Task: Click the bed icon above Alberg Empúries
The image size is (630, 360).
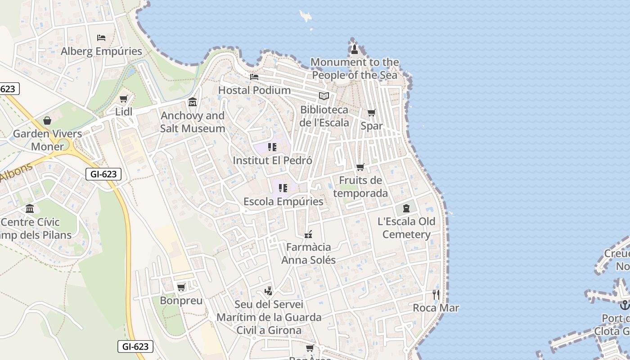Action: [101, 37]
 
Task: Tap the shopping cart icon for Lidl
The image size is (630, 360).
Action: [124, 99]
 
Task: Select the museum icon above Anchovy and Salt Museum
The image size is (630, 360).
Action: [193, 102]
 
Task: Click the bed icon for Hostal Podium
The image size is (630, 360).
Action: [254, 77]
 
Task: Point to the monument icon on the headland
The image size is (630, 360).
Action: [354, 49]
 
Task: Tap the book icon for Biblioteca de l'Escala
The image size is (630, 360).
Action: [324, 96]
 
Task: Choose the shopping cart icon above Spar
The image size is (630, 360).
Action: [371, 113]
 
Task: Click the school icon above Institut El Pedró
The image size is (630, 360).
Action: [272, 147]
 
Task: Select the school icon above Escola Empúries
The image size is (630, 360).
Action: [283, 188]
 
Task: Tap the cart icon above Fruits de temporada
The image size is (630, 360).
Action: [360, 167]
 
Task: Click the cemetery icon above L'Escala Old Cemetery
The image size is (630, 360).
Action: [406, 208]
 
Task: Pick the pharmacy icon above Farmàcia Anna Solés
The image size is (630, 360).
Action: [308, 234]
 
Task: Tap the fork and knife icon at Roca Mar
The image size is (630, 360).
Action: [436, 295]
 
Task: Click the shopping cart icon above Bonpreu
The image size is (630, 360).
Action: [181, 287]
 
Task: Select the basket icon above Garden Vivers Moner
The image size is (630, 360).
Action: [47, 121]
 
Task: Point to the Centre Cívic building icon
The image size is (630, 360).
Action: [30, 208]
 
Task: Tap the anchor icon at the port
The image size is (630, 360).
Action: [625, 305]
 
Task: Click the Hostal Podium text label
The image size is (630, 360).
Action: [254, 90]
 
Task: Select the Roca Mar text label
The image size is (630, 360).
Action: [436, 308]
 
